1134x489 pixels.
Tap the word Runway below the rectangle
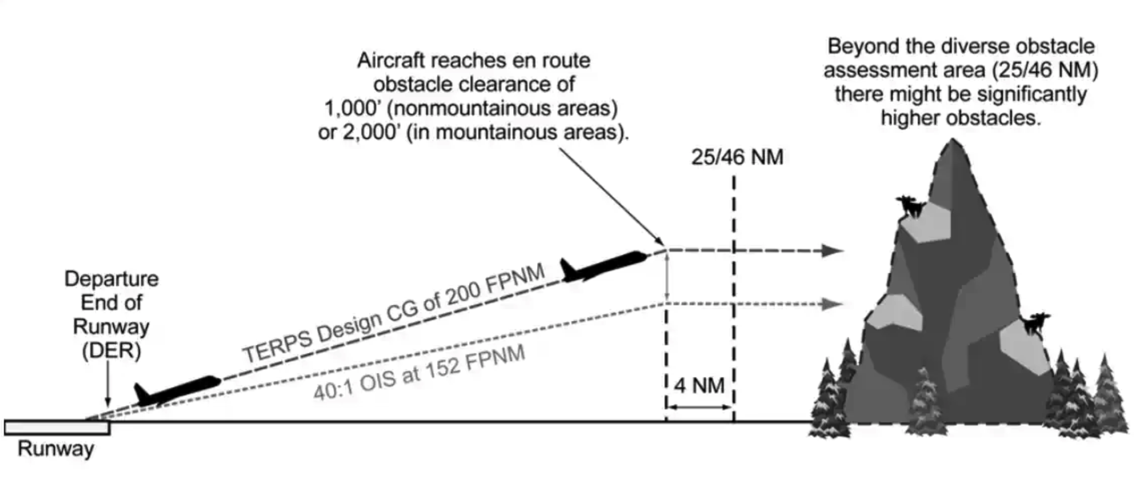pos(56,449)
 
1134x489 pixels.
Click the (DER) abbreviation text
pos(111,351)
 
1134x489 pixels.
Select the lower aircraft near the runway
pos(178,390)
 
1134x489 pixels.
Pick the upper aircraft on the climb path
pos(603,266)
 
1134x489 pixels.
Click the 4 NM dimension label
pos(699,386)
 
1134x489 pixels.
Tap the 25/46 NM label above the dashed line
pos(737,157)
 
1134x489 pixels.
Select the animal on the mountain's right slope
pos(1035,324)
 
